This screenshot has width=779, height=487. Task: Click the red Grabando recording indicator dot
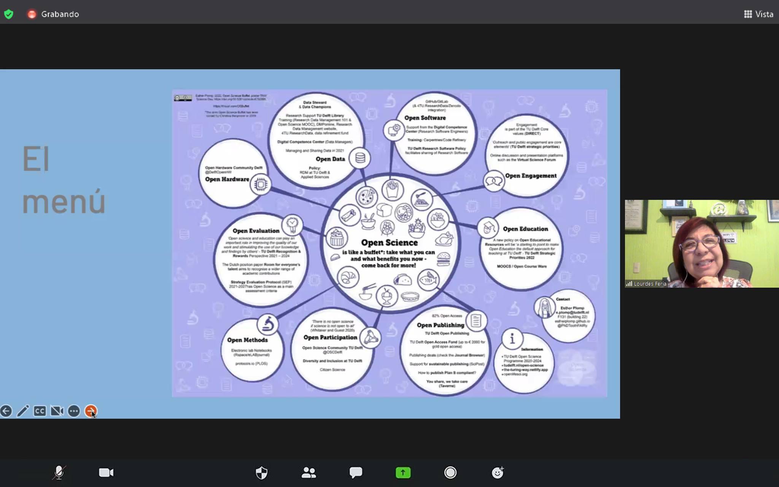[x=32, y=14]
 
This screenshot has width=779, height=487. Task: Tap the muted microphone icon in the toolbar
[x=59, y=473]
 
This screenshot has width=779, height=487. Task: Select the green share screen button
[x=403, y=473]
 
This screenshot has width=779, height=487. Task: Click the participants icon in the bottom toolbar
[x=308, y=473]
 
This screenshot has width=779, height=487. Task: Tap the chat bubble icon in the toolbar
[x=356, y=473]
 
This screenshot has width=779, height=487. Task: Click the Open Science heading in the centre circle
[x=389, y=242]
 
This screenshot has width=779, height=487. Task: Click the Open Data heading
[x=330, y=159]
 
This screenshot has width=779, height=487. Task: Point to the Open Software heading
[x=425, y=118]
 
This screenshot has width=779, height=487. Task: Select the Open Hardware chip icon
[x=261, y=185]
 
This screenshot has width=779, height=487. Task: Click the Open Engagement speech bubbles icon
[x=494, y=181]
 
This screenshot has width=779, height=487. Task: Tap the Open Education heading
[x=525, y=229]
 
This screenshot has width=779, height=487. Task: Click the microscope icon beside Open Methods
[x=268, y=324]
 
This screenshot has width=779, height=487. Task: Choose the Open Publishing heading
[x=440, y=325]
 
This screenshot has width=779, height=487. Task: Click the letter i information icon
[x=512, y=338]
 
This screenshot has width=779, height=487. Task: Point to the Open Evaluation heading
[x=256, y=231]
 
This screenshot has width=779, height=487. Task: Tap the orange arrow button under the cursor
[x=91, y=411]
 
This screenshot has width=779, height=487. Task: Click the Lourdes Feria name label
[x=650, y=284]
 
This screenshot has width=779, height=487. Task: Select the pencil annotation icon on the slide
[x=23, y=411]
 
